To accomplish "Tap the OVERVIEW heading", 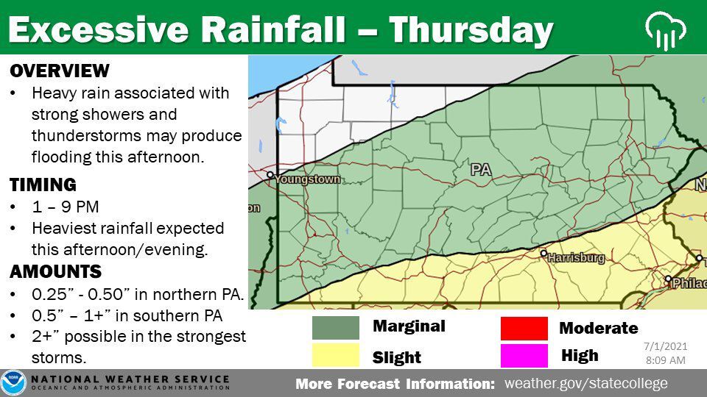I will tap(60, 71).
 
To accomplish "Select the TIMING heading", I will tap(43, 185).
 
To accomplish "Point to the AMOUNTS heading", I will tap(56, 271).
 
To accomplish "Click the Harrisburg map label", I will tap(577, 258).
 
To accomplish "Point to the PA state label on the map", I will tap(481, 170).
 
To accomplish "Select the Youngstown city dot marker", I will tap(271, 175).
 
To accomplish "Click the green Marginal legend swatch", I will tap(335, 327).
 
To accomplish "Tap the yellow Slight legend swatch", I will tap(335, 356).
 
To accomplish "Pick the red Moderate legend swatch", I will tap(524, 328).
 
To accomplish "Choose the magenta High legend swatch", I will tap(524, 355).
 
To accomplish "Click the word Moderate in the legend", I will tap(598, 328).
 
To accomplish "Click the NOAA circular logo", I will tap(13, 383).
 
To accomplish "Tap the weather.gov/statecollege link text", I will tap(585, 383).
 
